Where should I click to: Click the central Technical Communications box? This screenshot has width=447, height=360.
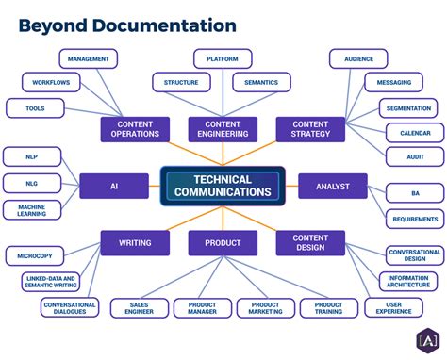tap(223, 186)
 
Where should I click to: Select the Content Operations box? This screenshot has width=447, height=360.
tap(135, 129)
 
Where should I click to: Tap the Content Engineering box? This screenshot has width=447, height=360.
tap(223, 129)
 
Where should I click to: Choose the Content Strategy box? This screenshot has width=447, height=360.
tap(310, 129)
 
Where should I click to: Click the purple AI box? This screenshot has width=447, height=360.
tap(114, 186)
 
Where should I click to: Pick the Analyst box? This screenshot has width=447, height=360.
tap(332, 186)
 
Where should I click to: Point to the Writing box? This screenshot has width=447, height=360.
tap(135, 243)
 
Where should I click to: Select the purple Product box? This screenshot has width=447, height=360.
tap(223, 243)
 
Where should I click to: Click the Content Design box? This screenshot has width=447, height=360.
tap(310, 243)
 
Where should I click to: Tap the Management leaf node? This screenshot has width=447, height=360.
tap(88, 58)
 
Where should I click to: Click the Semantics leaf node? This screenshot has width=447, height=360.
tap(261, 82)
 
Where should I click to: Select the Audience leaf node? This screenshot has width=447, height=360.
tap(358, 58)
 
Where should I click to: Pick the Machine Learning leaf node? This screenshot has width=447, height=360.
tap(33, 209)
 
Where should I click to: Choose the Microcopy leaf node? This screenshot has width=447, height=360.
tap(35, 255)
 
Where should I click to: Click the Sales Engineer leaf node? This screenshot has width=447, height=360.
tap(140, 308)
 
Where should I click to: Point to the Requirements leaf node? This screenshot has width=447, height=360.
tap(415, 220)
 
